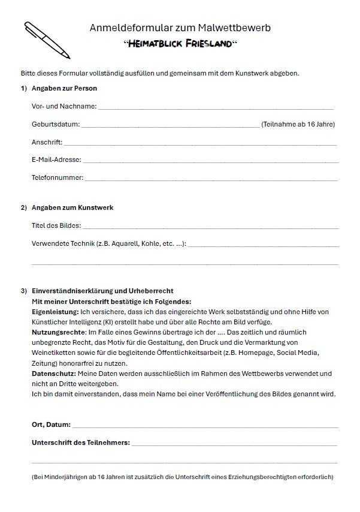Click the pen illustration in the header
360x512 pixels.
tap(46, 40)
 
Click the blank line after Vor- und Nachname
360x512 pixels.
tap(216, 109)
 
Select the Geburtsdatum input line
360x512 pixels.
tap(170, 127)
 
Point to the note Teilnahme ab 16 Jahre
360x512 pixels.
tap(298, 125)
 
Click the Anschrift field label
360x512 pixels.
tap(47, 143)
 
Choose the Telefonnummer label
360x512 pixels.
tap(58, 178)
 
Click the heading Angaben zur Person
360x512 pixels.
tap(64, 89)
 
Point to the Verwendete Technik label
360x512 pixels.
tap(108, 244)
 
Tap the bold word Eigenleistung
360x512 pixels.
tap(55, 312)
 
